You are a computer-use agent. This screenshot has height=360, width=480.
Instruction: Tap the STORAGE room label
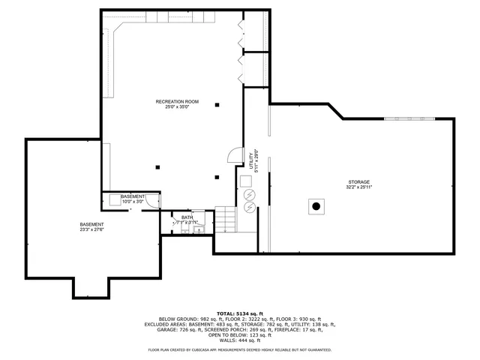358,182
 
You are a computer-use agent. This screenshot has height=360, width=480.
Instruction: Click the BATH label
186,217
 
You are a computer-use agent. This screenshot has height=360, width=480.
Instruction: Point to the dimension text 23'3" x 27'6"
91,230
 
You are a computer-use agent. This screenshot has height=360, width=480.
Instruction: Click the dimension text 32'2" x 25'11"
358,187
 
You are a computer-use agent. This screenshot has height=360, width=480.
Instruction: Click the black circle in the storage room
316,205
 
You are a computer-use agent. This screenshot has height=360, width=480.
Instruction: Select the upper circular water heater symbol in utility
249,194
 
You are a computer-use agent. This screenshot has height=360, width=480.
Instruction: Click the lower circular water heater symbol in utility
249,205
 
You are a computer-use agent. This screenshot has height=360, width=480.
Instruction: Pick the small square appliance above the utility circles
246,180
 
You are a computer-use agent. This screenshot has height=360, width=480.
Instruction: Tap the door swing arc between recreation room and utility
235,155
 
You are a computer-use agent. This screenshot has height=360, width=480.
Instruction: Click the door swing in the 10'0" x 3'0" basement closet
152,200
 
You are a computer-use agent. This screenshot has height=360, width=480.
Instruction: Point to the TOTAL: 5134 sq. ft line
239,313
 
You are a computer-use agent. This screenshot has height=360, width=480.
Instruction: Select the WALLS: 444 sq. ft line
239,340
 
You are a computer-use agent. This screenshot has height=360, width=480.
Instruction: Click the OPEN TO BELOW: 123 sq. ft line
239,334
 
